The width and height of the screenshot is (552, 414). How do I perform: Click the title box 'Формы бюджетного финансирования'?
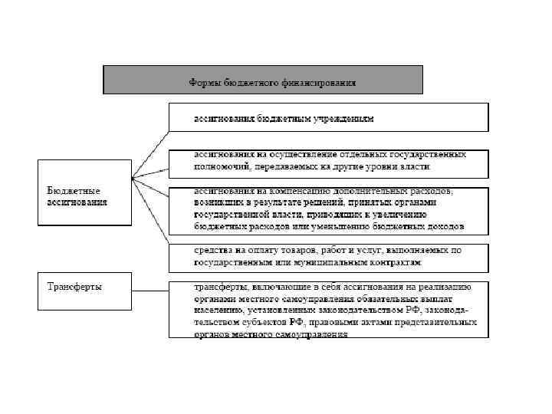coord(263,80)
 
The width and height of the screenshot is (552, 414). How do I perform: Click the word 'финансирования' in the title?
coord(317,81)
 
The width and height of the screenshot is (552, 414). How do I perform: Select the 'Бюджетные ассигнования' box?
coord(84,192)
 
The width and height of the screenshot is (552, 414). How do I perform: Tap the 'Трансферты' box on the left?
coord(84,291)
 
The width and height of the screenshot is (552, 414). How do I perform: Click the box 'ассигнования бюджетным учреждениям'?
coord(329,120)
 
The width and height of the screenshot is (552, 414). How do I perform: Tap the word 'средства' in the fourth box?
coord(209,251)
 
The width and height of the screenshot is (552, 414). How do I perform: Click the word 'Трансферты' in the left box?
coord(75,287)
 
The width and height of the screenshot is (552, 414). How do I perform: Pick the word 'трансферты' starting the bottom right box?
coord(219,287)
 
